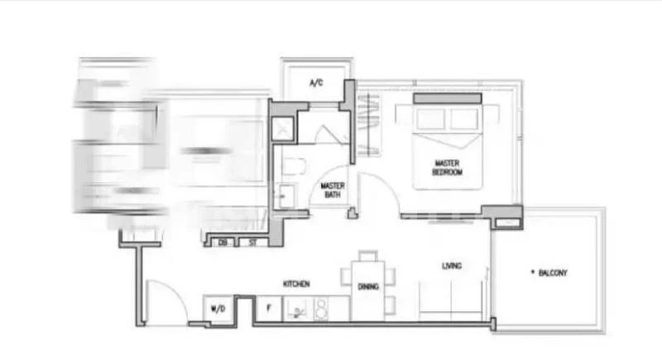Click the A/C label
[x=315, y=84]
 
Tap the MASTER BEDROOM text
[x=447, y=167]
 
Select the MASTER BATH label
[x=333, y=190]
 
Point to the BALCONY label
[x=552, y=272]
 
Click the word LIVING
[x=452, y=266]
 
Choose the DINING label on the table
[x=368, y=286]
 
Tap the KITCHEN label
[x=296, y=284]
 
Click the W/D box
[x=218, y=309]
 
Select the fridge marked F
[x=268, y=309]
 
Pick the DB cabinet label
[x=223, y=242]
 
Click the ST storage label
[x=250, y=242]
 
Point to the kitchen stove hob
[x=320, y=309]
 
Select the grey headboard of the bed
[x=447, y=98]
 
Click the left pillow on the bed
[x=429, y=118]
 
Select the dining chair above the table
[x=368, y=255]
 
